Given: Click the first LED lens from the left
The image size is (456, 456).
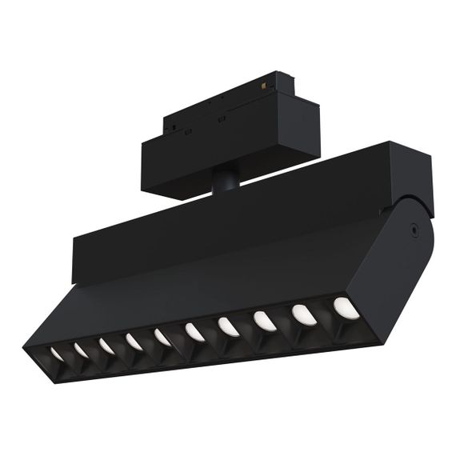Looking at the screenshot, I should coord(58,353).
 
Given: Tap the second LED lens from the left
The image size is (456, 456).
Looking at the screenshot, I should coord(82,349).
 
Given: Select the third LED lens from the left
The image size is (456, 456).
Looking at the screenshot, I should coord(106,345).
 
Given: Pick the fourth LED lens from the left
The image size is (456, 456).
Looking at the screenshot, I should coord(133,341).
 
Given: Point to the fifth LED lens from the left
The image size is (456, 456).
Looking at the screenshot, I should coord(162,337).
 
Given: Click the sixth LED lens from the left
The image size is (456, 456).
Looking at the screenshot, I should coord(193,331).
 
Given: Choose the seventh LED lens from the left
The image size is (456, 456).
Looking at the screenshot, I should coord(226,326).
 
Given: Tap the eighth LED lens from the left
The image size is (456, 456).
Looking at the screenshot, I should coord(263,319).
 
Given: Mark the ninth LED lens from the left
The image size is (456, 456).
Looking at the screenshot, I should coord(302,313).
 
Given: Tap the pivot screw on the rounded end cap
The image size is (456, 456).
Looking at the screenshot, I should coord(413,228).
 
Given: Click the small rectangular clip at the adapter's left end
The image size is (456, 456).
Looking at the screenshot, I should coord(170,125).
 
